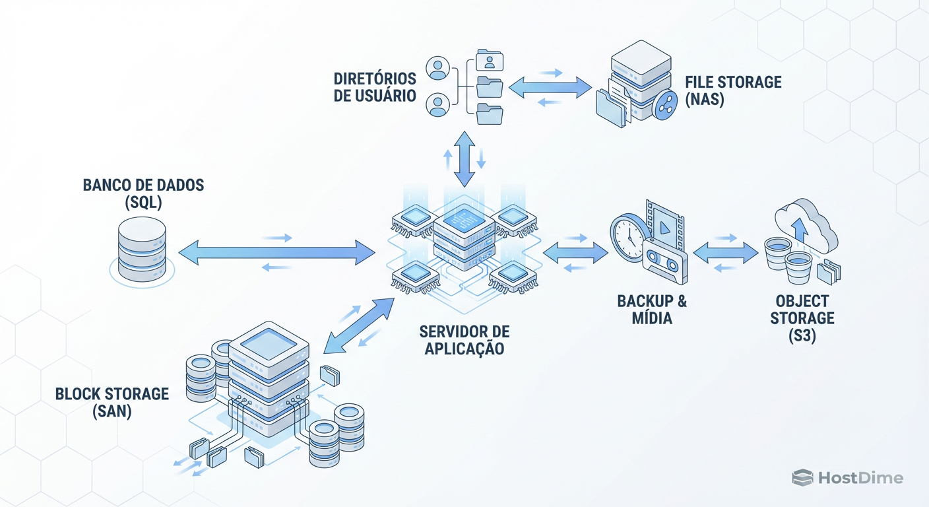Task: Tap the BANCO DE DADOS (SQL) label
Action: pos(143,193)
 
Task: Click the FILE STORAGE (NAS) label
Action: pos(732,91)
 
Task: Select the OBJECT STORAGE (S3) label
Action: pos(802,318)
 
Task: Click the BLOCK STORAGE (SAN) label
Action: pos(112,402)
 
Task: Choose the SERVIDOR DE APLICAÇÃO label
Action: pos(464,339)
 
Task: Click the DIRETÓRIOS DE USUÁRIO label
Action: pos(375,87)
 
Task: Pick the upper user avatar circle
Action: pos(438,67)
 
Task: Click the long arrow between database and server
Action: pos(277,252)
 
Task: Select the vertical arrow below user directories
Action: pos(464,158)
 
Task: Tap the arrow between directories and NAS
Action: pos(551,87)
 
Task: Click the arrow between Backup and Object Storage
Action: pos(726,252)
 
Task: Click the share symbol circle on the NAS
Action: pos(664,106)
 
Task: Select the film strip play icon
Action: pos(664,221)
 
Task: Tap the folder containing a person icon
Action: pos(489,61)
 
